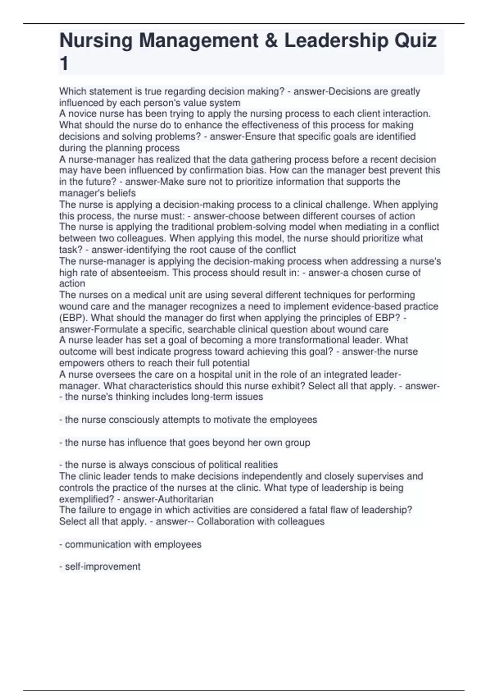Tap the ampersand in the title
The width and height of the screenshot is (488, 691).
tap(272, 41)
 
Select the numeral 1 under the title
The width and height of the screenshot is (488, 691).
tap(64, 64)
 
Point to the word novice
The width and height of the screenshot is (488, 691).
tap(83, 114)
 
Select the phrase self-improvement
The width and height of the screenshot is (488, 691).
tap(102, 567)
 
